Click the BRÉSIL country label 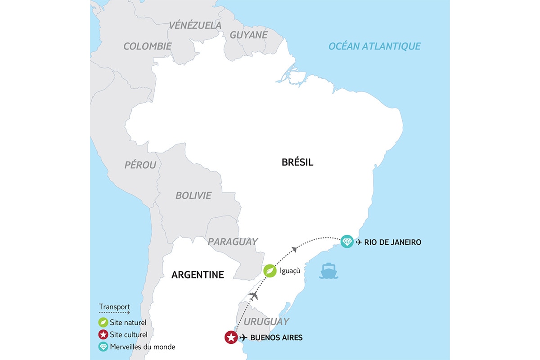[x=297, y=162]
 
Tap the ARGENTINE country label [x=198, y=274]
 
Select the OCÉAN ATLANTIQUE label [x=374, y=46]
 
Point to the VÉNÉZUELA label [x=195, y=25]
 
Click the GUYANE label [x=249, y=35]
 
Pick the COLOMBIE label [x=148, y=46]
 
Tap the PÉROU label [x=140, y=165]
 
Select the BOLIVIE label [x=193, y=195]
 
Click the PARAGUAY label [x=233, y=242]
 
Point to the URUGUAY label [x=266, y=321]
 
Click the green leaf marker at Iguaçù [x=270, y=270]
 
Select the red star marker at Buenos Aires [x=231, y=337]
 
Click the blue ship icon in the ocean [x=328, y=271]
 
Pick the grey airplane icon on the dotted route [x=254, y=296]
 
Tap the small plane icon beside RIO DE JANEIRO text [x=359, y=242]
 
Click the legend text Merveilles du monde [x=143, y=347]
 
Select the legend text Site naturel [x=128, y=322]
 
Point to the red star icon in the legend [x=103, y=335]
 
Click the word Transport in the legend [x=114, y=307]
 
